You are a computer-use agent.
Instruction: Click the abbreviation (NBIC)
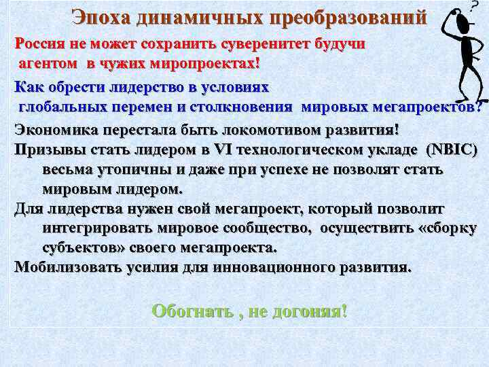(452, 150)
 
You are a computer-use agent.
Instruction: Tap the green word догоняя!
(309, 312)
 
